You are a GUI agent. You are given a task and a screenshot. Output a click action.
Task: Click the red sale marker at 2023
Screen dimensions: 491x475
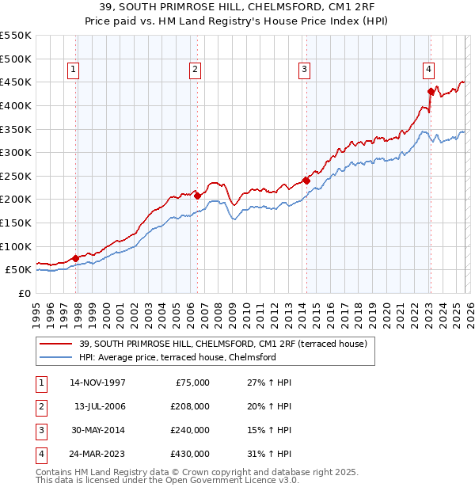(x=431, y=91)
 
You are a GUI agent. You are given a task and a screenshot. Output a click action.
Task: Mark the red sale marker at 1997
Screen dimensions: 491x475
(x=75, y=257)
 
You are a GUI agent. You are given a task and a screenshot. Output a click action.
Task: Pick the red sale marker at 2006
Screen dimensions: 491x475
(x=197, y=196)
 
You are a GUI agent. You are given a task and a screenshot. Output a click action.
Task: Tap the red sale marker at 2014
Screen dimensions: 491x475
(x=306, y=181)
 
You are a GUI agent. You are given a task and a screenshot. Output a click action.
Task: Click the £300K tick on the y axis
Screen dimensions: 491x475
(x=16, y=152)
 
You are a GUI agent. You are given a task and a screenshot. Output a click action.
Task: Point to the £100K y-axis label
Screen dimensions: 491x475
(x=16, y=246)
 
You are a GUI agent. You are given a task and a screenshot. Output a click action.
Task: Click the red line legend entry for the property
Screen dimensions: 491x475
(x=222, y=344)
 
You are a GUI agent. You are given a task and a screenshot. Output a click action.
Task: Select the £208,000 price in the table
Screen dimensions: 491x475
(x=190, y=406)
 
